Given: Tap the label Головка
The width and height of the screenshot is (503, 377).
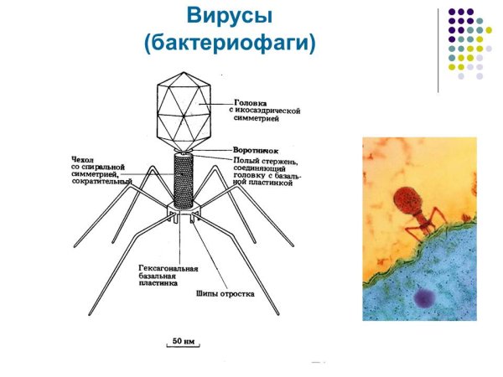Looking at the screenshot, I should click(x=251, y=102).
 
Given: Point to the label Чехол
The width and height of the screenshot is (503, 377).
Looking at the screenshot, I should click(x=82, y=157).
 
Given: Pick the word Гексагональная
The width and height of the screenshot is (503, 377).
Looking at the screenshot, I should click(x=168, y=269).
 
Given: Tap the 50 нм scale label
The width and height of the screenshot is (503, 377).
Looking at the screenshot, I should click(x=184, y=342).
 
